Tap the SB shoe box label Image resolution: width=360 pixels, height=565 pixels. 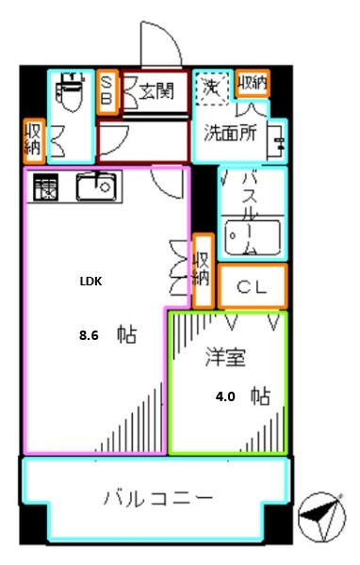coord(107,90)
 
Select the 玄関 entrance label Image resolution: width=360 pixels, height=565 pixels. coord(156,92)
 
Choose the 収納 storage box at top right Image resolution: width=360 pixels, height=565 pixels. coord(253,84)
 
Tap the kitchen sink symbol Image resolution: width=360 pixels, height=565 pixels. coord(97,187)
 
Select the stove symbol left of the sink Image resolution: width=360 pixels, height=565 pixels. coord(44,188)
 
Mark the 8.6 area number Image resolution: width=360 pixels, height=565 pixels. coord(89,333)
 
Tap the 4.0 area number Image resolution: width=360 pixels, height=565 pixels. coord(225,396)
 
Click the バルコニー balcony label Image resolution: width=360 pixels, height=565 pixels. coord(158,497)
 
